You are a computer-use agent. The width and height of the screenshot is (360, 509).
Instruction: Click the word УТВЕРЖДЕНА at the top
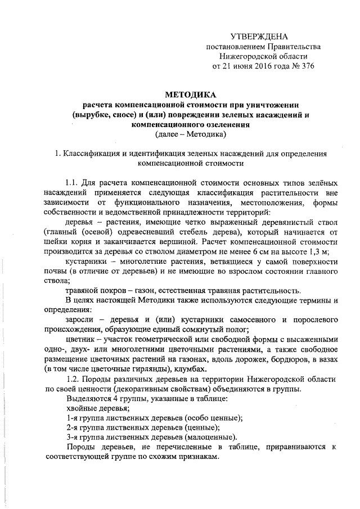(263, 35)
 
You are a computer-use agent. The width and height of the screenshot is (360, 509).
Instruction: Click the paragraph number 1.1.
(75, 184)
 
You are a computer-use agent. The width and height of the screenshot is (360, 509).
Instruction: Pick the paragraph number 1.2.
(75, 379)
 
